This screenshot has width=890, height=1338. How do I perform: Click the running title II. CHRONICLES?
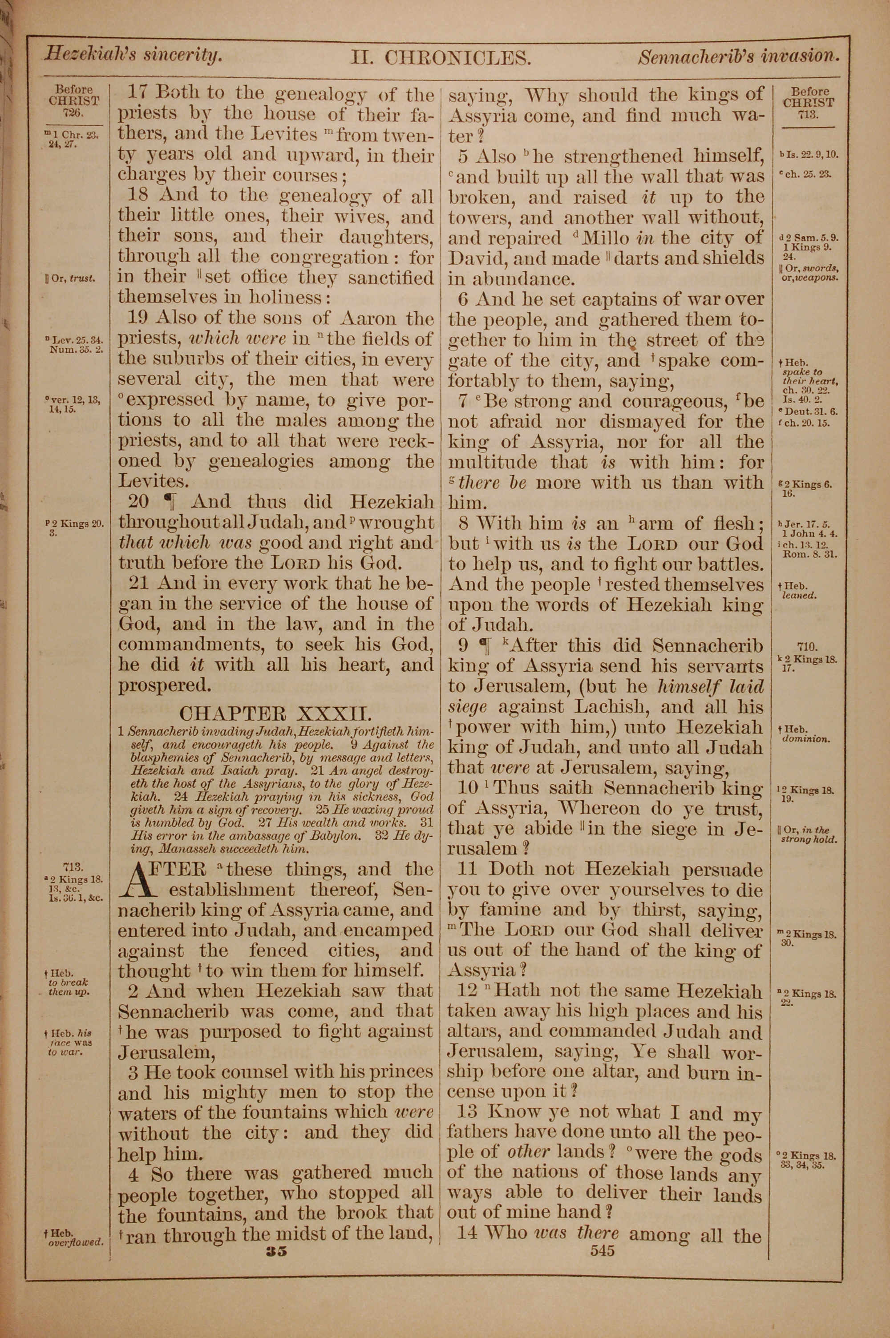click(441, 58)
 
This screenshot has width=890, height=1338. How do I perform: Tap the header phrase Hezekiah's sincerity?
click(133, 55)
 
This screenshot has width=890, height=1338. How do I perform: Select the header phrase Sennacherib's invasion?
click(738, 56)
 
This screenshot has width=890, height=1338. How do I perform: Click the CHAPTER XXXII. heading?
click(276, 713)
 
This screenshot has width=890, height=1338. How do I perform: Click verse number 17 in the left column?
click(137, 92)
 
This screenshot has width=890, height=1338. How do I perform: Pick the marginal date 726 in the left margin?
click(74, 113)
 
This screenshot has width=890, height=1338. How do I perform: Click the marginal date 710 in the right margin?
click(806, 646)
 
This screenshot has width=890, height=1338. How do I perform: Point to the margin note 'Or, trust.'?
click(70, 279)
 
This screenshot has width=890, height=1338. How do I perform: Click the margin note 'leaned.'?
click(800, 596)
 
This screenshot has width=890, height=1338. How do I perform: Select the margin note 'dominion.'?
click(806, 739)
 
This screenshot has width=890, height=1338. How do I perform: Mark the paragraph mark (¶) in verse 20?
click(169, 501)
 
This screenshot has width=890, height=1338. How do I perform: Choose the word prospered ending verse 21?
click(165, 686)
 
